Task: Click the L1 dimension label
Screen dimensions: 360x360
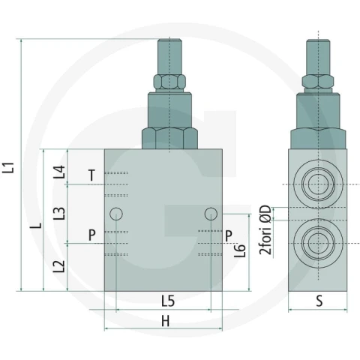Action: [x=8, y=167]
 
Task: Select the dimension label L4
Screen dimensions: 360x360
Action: [x=59, y=172]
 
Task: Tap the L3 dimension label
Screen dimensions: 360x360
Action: [x=59, y=213]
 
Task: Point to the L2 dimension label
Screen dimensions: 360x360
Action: [x=59, y=266]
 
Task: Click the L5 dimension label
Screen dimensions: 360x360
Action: [x=168, y=301]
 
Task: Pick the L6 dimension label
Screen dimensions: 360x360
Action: [x=240, y=250]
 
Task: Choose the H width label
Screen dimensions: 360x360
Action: [x=166, y=321]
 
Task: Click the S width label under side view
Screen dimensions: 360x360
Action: [x=319, y=301]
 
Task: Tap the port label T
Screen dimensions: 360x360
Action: [x=92, y=175]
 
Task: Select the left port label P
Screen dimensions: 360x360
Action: [x=92, y=235]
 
